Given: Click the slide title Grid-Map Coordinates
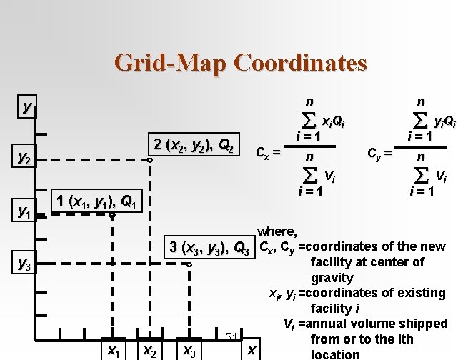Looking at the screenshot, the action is pos(241,63).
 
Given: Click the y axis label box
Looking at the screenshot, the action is pos(27,108).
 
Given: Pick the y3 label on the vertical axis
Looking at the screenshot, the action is pos(26,265).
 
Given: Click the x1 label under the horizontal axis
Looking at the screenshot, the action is pos(112,349).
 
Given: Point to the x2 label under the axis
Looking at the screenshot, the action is pos(149,350).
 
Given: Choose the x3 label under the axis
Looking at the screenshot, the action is pos(189,350).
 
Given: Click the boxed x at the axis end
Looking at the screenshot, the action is pos(251,349).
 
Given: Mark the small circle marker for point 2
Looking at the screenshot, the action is pos(149,161).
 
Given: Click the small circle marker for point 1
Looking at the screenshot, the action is pos(112,214).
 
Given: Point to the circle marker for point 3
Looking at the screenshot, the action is pos(189,265).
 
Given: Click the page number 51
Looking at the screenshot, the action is pos(231,336).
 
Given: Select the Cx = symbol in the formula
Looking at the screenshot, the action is pos(267,151).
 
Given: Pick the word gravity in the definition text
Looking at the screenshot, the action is pos(332,277).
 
